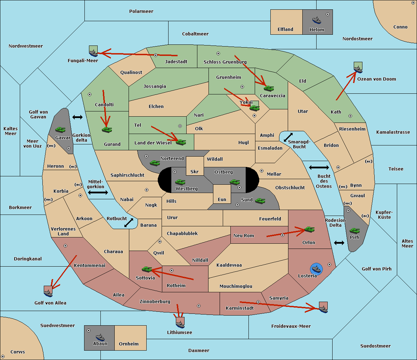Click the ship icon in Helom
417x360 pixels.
(x=317, y=20)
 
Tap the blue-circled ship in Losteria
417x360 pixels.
(x=316, y=269)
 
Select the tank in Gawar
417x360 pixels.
(x=60, y=129)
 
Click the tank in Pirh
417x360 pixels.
(x=354, y=231)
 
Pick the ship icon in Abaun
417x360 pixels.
(x=100, y=337)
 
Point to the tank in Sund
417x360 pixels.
(x=260, y=201)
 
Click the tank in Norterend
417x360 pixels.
(x=155, y=163)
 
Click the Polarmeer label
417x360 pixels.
(x=141, y=11)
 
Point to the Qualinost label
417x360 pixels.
(x=131, y=72)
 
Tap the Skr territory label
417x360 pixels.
(x=195, y=171)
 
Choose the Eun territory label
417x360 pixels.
(x=222, y=199)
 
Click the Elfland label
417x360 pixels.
(x=285, y=30)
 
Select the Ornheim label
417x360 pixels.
(x=129, y=344)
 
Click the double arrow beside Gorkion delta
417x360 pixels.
(x=77, y=117)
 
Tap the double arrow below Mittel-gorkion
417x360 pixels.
(x=98, y=192)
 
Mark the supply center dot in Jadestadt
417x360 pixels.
(x=156, y=55)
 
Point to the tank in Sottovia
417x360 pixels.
(x=147, y=269)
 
